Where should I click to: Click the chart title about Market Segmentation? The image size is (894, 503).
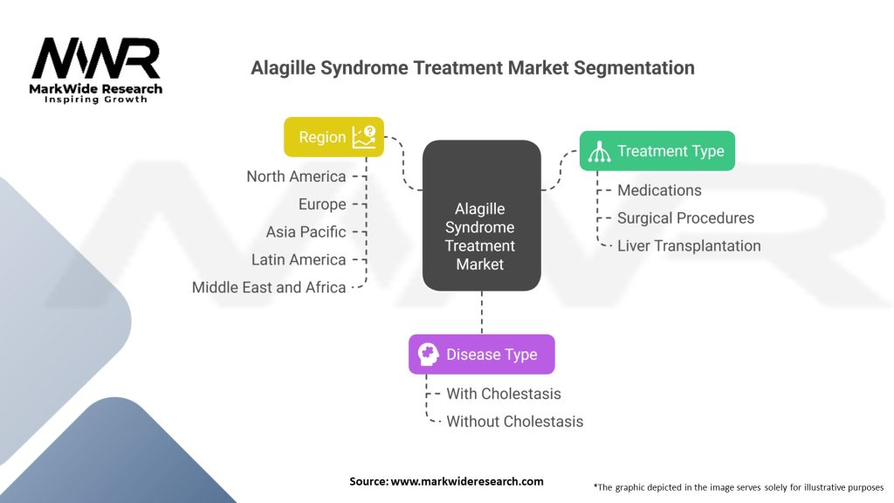coord(472,67)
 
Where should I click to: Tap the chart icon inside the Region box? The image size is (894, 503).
coord(364,136)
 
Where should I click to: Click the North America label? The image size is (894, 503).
coord(296,176)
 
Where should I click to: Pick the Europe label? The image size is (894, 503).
coord(322,204)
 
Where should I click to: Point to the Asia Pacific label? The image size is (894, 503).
coord(306,232)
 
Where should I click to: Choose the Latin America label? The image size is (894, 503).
coord(299,259)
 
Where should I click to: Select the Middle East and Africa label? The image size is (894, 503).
coord(269,287)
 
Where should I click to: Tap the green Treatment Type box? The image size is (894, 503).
coord(657,151)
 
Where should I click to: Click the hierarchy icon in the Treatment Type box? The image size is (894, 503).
coord(599,151)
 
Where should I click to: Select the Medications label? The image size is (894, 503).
coord(659,190)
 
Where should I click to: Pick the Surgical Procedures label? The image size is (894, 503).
coord(685,218)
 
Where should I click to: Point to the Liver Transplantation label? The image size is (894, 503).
coord(689,246)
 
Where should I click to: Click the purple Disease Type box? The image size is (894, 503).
coord(481,355)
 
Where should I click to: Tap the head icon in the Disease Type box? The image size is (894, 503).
coord(428,355)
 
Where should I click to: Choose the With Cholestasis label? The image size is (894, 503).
coord(504,394)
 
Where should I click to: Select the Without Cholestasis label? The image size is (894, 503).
coord(514,422)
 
